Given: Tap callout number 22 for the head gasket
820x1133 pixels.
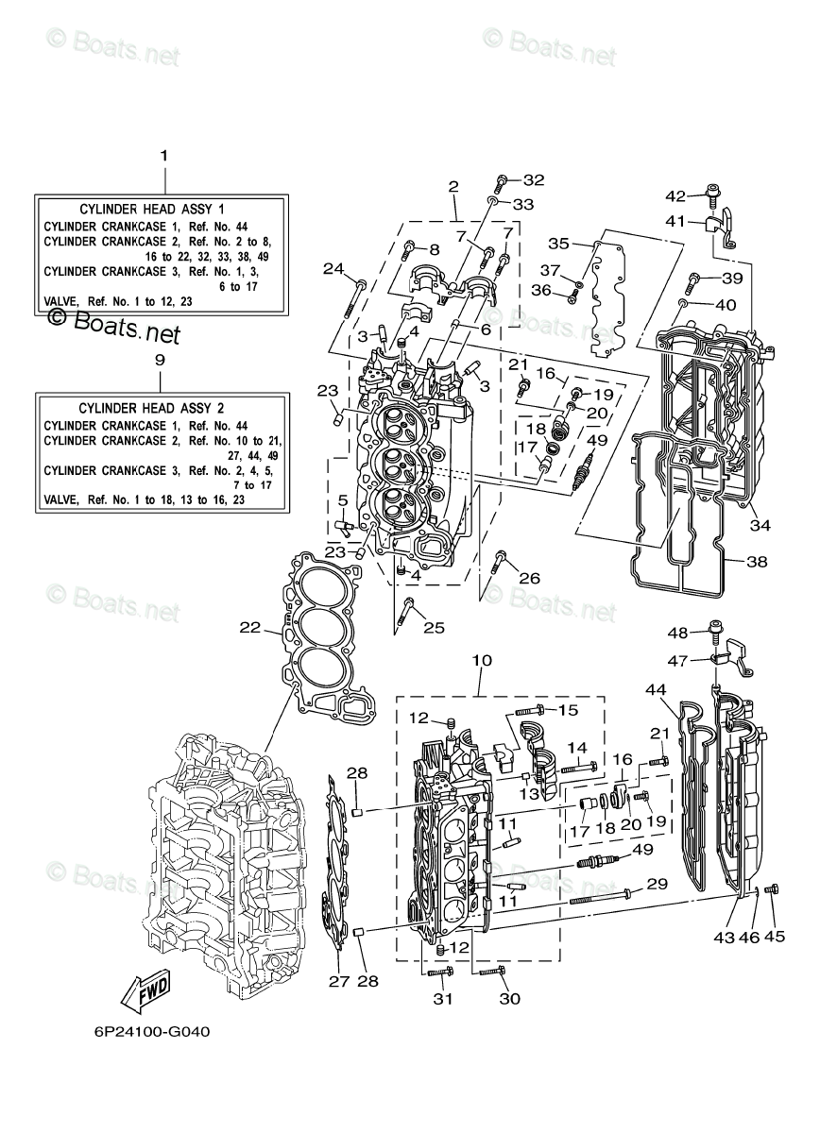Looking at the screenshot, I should pos(249,627).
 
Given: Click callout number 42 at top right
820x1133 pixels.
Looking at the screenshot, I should pos(675,196).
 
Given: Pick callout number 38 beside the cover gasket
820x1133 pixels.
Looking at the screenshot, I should pos(757,562).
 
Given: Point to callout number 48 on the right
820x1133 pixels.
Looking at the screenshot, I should pos(677,632).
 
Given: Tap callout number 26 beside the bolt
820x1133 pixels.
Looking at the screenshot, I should pos(529,578).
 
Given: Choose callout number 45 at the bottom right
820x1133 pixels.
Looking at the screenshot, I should pos(774,937).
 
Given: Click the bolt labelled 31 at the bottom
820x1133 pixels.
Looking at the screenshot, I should pos(439,972).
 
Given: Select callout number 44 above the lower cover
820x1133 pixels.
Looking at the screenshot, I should pos(657,690).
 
